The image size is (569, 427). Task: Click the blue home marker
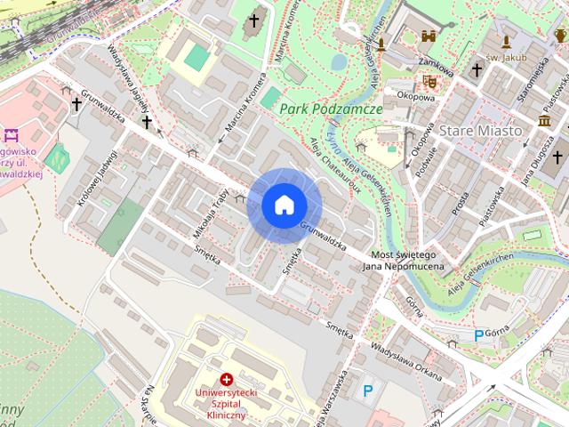pos(284,205)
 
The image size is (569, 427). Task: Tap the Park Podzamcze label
pos(330,109)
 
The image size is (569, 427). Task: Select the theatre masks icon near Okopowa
pos(430,81)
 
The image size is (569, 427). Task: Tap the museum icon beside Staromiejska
pos(543,120)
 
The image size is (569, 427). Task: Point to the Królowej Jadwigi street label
pos(97,178)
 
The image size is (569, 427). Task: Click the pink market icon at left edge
pos(11,136)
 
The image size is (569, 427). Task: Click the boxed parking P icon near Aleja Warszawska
pos(368,390)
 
